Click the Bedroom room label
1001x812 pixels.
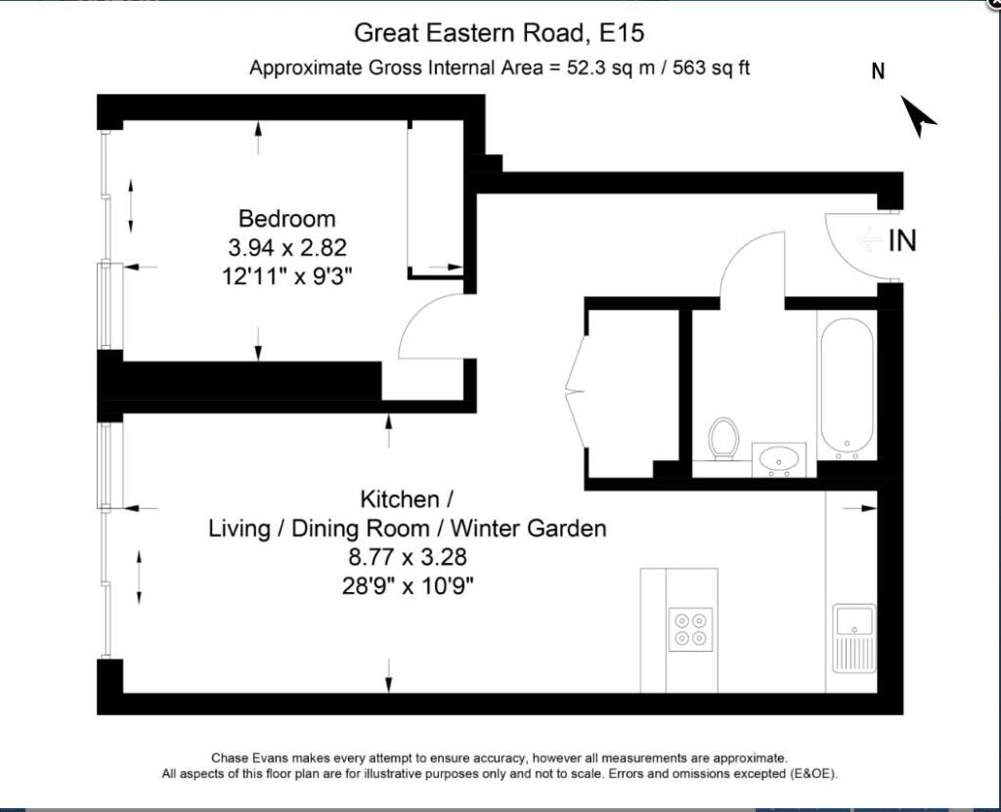286,219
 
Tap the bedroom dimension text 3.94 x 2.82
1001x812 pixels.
287,247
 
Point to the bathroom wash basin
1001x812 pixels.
778,459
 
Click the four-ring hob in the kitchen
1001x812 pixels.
691,629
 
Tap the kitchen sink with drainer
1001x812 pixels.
854,638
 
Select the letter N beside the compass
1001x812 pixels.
879,71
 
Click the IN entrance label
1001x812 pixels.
902,240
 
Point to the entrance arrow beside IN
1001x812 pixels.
869,240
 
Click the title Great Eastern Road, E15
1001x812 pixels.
500,32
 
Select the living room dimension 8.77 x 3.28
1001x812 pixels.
408,557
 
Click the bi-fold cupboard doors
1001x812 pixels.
577,390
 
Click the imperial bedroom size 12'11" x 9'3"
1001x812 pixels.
287,277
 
